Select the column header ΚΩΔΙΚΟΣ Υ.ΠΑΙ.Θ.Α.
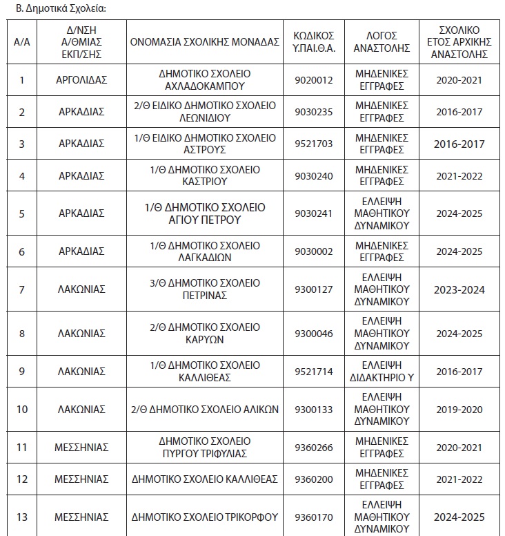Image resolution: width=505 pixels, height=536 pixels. pyautogui.click(x=314, y=41)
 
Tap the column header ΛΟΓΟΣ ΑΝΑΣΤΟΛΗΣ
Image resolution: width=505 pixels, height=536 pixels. pyautogui.click(x=382, y=41)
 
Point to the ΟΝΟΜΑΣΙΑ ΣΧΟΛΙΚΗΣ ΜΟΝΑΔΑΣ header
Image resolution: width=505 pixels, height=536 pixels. pyautogui.click(x=204, y=41)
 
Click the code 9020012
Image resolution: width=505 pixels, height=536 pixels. pyautogui.click(x=314, y=79)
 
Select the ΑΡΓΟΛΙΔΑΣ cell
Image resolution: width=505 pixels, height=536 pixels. pyautogui.click(x=81, y=79)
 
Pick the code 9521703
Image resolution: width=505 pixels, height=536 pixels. pyautogui.click(x=314, y=144)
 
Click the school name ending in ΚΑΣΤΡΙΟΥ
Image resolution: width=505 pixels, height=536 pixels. pyautogui.click(x=204, y=175)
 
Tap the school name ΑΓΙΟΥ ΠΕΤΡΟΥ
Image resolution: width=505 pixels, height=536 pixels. pyautogui.click(x=204, y=213)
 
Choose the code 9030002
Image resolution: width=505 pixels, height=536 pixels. pyautogui.click(x=314, y=252)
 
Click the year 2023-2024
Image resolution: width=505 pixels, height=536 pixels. pyautogui.click(x=460, y=289)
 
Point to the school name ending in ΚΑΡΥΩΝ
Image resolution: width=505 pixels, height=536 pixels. pyautogui.click(x=204, y=334)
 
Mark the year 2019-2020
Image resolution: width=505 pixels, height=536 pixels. pyautogui.click(x=460, y=410)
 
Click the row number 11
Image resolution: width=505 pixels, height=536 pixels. pyautogui.click(x=22, y=447)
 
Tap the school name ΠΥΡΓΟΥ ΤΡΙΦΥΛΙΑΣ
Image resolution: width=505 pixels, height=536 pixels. pyautogui.click(x=204, y=447)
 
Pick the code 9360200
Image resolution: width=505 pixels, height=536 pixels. pyautogui.click(x=314, y=479)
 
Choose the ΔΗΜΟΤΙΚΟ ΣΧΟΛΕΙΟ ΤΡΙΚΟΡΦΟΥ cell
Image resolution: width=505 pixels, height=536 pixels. pyautogui.click(x=204, y=517)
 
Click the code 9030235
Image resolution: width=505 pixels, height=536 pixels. pyautogui.click(x=314, y=111)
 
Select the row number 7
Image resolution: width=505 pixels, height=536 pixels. pyautogui.click(x=22, y=289)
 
